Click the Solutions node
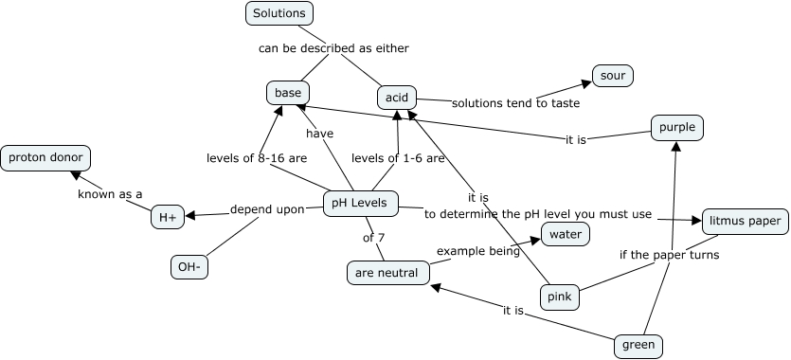tap(279, 13)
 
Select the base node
tap(287, 93)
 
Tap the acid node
tap(396, 98)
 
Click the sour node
tap(612, 76)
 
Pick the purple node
tap(677, 127)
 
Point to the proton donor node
tap(45, 158)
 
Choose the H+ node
tap(168, 217)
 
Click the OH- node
tap(189, 268)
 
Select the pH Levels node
tap(361, 203)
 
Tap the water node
tap(566, 233)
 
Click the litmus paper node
tap(745, 222)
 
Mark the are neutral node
tap(387, 273)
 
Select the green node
tap(638, 345)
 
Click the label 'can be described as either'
tap(333, 47)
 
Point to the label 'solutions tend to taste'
tap(514, 102)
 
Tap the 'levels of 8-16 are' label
tap(257, 158)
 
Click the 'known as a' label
tap(110, 194)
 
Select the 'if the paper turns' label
tap(669, 255)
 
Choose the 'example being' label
tap(478, 251)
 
